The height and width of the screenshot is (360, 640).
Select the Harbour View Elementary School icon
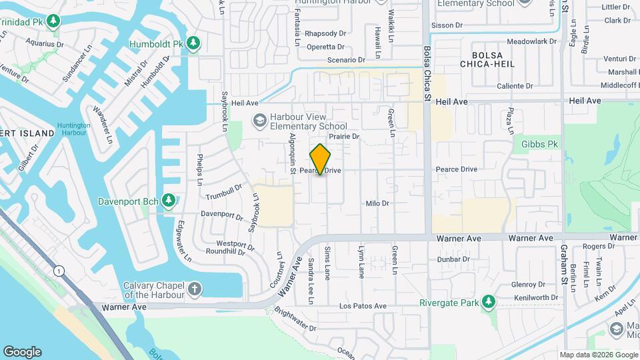[258, 121]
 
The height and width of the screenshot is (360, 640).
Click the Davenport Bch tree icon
[169, 200]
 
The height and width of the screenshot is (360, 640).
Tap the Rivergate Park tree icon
[489, 302]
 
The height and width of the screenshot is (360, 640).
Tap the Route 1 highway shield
[60, 270]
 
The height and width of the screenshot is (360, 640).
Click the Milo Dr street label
[377, 203]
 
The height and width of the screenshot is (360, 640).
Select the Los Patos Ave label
[363, 306]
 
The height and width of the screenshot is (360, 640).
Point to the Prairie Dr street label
[345, 137]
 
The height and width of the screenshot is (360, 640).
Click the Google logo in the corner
[22, 351]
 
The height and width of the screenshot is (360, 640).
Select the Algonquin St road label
[292, 153]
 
